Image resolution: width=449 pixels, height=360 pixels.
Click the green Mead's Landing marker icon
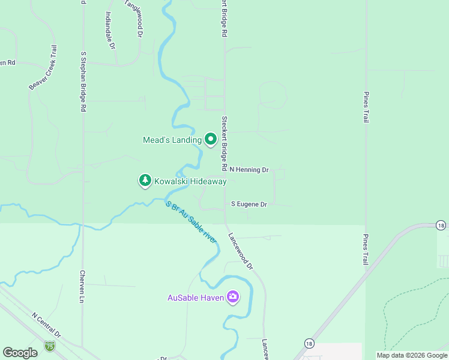click(211, 140)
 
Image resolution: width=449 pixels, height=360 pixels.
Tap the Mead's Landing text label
click(172, 140)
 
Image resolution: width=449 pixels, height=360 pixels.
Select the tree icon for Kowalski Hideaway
click(145, 181)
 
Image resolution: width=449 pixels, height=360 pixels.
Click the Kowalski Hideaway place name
click(190, 181)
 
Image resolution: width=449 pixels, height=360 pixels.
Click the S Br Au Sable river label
click(191, 221)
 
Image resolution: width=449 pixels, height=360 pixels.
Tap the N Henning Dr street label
click(249, 170)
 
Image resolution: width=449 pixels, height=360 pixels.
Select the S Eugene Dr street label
click(249, 204)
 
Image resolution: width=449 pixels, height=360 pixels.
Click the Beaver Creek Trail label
click(43, 68)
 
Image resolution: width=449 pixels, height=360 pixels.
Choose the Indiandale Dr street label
click(109, 30)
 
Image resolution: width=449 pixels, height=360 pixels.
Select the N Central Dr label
click(46, 325)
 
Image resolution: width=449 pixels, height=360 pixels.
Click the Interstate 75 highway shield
click(49, 346)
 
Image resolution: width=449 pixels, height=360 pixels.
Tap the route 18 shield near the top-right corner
click(441, 226)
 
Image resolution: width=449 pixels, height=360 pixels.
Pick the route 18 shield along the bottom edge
click(309, 343)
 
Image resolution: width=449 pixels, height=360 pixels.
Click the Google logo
click(20, 353)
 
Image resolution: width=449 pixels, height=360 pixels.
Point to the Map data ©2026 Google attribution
click(412, 355)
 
